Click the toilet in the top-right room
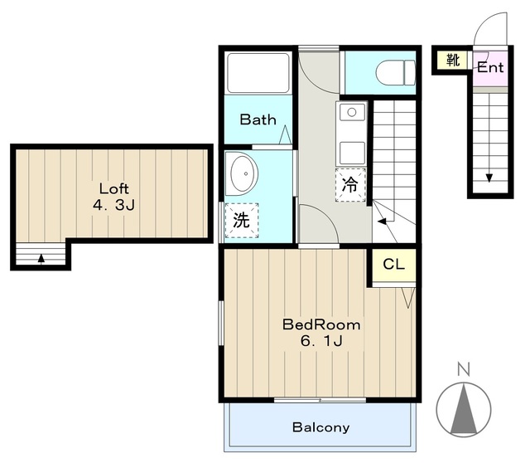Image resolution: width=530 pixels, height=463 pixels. click(x=396, y=72)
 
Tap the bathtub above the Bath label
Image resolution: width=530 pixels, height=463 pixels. click(x=258, y=73)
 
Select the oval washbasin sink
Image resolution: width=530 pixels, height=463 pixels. click(x=242, y=173)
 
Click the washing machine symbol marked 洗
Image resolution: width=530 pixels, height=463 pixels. click(x=242, y=221)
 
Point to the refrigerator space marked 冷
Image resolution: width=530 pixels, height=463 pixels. click(x=350, y=185)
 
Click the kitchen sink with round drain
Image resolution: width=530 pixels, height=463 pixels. click(x=351, y=112)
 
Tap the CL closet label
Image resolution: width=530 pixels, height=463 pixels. click(x=394, y=264)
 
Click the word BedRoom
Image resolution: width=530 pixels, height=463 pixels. click(x=321, y=324)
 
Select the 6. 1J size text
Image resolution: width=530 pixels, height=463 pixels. click(x=321, y=341)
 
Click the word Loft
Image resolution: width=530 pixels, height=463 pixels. click(x=114, y=188)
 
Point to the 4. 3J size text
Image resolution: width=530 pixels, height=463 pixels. click(x=114, y=205)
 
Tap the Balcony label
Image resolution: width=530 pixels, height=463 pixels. click(x=320, y=427)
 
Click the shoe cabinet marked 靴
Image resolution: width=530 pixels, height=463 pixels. click(x=453, y=60)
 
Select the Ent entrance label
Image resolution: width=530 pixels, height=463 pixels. click(x=490, y=67)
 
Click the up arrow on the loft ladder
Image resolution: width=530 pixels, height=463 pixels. click(x=41, y=258)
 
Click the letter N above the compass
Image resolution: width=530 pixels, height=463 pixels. click(x=464, y=369)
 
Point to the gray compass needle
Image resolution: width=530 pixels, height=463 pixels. click(x=464, y=409)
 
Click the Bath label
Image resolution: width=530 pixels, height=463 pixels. click(x=258, y=119)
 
